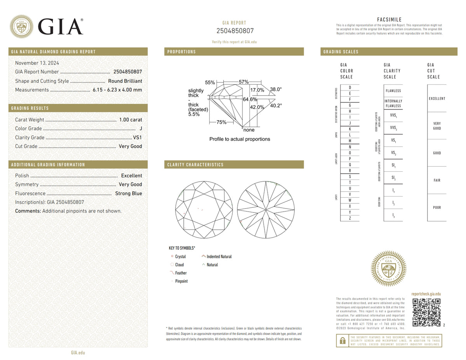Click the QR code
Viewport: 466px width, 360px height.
pyautogui.click(x=426, y=312)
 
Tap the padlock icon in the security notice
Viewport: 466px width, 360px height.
pyautogui.click(x=342, y=341)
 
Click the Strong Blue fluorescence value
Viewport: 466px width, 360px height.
pyautogui.click(x=128, y=193)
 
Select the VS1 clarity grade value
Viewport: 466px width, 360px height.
pyautogui.click(x=137, y=137)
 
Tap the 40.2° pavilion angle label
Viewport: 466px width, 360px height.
pyautogui.click(x=276, y=105)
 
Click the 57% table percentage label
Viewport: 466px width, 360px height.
pyautogui.click(x=243, y=82)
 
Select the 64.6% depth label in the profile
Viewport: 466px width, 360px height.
pyautogui.click(x=250, y=99)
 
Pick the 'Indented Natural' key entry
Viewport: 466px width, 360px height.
pyautogui.click(x=219, y=256)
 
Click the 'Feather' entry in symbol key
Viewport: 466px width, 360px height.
pyautogui.click(x=181, y=273)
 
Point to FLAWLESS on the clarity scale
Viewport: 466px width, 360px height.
pyautogui.click(x=393, y=90)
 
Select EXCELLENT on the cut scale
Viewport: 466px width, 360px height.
pyautogui.click(x=437, y=99)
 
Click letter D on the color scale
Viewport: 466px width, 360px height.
pyautogui.click(x=350, y=87)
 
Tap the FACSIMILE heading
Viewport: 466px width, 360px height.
pyautogui.click(x=389, y=20)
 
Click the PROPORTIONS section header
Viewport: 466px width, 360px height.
pyautogui.click(x=182, y=52)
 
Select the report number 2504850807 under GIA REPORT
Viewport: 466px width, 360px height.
pyautogui.click(x=234, y=31)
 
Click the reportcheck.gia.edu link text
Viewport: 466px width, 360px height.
pyautogui.click(x=426, y=295)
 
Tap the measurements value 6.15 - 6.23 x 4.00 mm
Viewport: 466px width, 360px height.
pyautogui.click(x=117, y=90)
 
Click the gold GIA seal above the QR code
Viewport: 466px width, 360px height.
pyautogui.click(x=389, y=268)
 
